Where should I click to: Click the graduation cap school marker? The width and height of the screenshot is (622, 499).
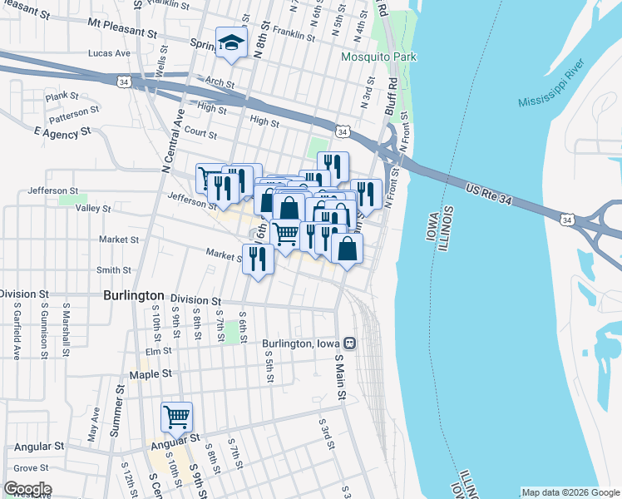(x=232, y=43)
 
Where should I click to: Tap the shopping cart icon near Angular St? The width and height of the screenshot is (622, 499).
(x=176, y=416)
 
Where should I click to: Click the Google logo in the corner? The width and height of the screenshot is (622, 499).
(x=27, y=489)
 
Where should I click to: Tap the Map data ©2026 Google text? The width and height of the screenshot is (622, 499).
(x=570, y=492)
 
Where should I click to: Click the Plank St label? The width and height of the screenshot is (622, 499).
(x=62, y=96)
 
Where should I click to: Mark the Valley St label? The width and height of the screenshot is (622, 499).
(x=93, y=209)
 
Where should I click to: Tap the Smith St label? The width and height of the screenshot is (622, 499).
(x=114, y=269)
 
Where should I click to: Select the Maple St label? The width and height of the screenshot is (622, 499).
(x=150, y=374)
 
